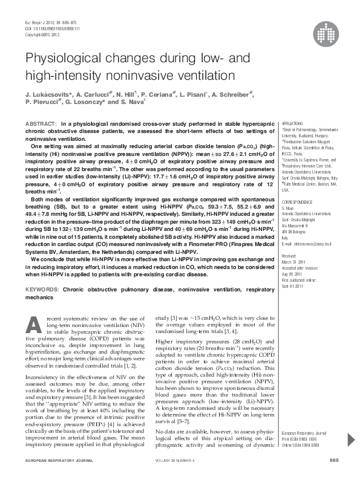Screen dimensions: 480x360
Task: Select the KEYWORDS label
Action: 42,290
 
